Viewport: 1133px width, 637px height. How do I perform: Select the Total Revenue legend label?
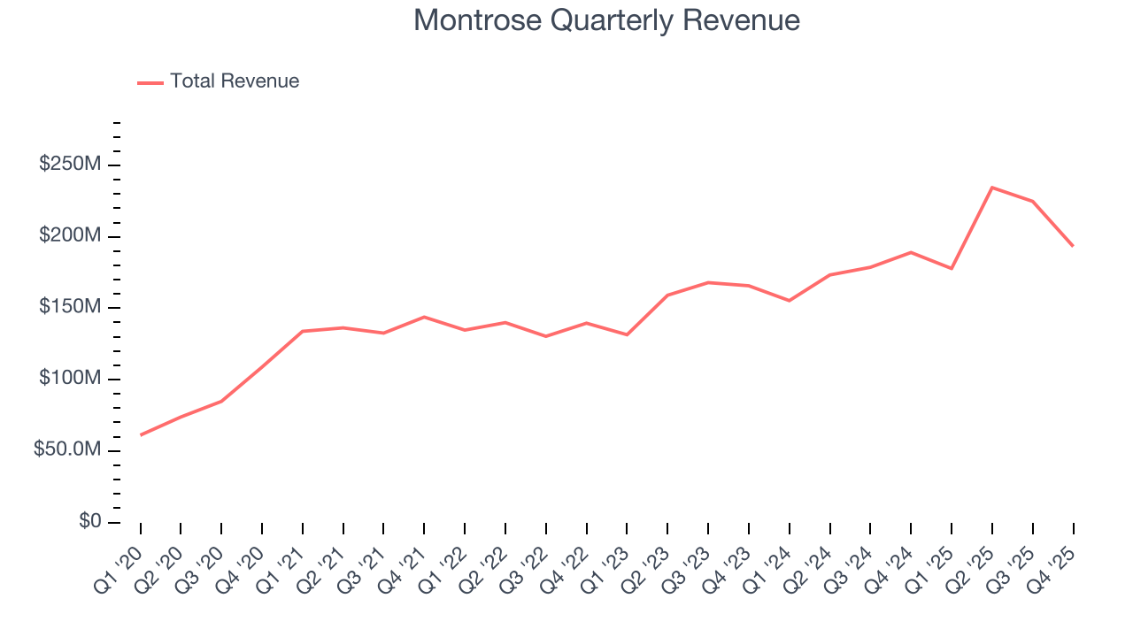click(x=235, y=81)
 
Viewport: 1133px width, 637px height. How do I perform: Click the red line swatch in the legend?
click(x=150, y=82)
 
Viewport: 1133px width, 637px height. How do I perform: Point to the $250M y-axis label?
click(x=70, y=165)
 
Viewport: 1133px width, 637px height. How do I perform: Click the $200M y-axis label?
click(x=70, y=236)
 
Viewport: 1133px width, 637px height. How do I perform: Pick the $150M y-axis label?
click(x=70, y=307)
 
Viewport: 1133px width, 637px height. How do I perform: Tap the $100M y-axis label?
click(x=70, y=379)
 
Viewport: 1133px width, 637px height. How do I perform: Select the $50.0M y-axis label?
click(x=67, y=450)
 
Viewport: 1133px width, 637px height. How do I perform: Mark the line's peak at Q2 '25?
click(x=992, y=188)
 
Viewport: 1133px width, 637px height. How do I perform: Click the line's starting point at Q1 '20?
click(x=141, y=434)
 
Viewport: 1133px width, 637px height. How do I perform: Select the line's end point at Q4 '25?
click(x=1073, y=246)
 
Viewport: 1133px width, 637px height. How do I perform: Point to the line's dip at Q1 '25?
click(x=952, y=268)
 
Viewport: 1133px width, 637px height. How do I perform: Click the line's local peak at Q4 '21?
click(x=424, y=317)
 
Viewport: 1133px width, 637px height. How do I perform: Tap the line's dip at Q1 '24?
click(x=789, y=301)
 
